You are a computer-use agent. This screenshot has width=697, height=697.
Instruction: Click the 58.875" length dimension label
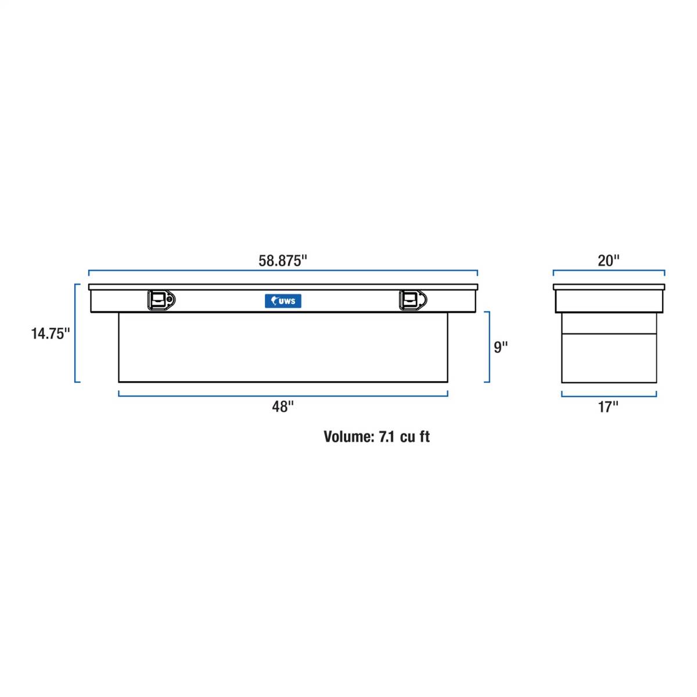pyautogui.click(x=282, y=260)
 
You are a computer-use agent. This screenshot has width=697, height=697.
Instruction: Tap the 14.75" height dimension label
pyautogui.click(x=51, y=333)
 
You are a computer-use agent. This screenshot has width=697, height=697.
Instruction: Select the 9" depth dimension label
pyautogui.click(x=501, y=347)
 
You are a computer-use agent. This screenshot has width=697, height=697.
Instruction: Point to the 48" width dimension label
pyautogui.click(x=283, y=407)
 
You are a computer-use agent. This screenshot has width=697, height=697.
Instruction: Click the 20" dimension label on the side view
pyautogui.click(x=608, y=260)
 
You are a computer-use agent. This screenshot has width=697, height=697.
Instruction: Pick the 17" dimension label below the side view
pyautogui.click(x=608, y=407)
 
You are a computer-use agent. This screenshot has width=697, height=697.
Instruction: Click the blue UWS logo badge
pyautogui.click(x=283, y=301)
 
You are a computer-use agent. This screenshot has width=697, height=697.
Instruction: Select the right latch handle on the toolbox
pyautogui.click(x=413, y=300)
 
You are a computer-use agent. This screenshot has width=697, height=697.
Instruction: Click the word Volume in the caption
pyautogui.click(x=348, y=437)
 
